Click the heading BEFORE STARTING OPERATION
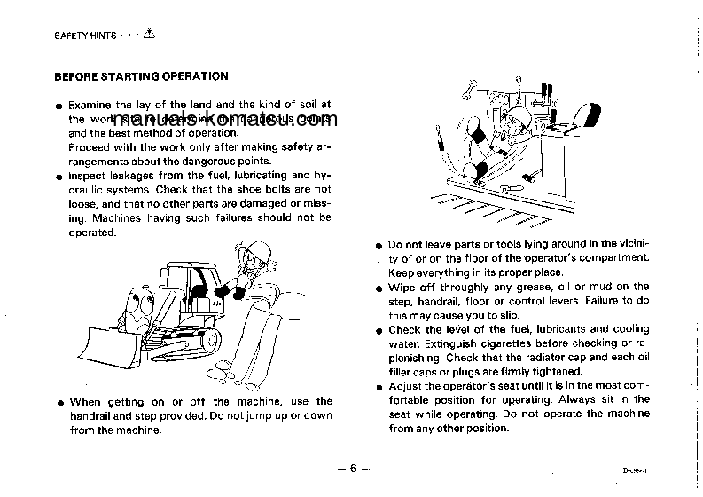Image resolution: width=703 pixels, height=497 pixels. pos(141,76)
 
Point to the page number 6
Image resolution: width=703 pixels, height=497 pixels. pos(352,469)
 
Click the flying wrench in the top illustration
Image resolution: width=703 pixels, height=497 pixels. pos(473,88)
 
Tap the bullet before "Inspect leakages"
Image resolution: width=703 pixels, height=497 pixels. pos(59,176)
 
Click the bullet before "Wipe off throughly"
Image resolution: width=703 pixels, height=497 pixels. pos(379,288)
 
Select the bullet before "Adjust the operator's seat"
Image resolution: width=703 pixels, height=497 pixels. pos(379,387)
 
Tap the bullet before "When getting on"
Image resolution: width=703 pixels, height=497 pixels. pos(59,402)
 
